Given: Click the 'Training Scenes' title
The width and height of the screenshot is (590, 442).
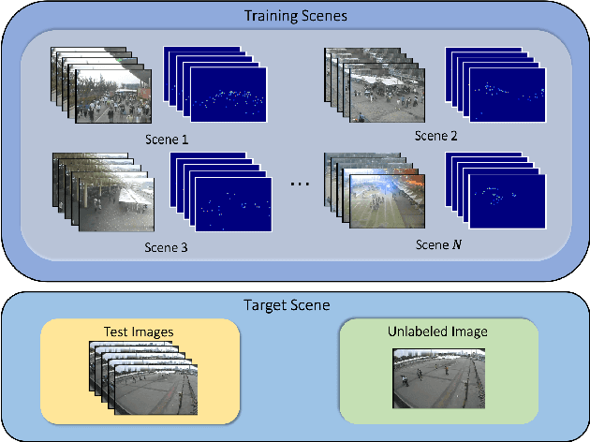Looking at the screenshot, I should [x=294, y=16].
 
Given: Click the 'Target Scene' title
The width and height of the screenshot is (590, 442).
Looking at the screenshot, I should [x=294, y=304].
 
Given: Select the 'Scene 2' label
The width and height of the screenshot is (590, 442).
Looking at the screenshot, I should [x=436, y=135].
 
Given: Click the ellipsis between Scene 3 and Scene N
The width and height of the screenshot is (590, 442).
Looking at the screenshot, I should [x=300, y=184].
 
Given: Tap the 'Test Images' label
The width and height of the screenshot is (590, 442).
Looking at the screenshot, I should [x=139, y=331].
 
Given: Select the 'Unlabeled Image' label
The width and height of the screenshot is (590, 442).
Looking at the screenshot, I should [x=438, y=331].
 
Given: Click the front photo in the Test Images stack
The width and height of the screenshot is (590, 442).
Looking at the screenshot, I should [x=155, y=390].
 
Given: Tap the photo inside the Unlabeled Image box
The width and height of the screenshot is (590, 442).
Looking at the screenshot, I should [x=438, y=376].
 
